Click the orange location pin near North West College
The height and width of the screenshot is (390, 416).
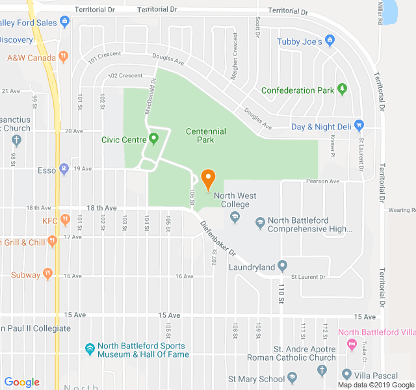[x=208, y=179]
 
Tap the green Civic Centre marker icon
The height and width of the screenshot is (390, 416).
[x=154, y=138]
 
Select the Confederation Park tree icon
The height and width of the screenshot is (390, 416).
[x=342, y=90]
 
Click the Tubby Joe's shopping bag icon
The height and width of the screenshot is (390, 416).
[x=330, y=42]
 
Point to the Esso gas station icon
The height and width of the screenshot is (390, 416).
[x=64, y=170]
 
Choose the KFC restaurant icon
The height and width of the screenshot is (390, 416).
[x=65, y=220]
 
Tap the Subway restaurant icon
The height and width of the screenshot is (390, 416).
[x=47, y=274]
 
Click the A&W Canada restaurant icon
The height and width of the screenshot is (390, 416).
[x=62, y=57]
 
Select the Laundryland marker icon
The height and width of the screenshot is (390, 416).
[x=282, y=266]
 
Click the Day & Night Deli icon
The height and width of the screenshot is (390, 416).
[x=359, y=126]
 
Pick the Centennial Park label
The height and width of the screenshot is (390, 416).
[x=205, y=135]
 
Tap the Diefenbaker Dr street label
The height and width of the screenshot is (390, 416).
[x=217, y=237]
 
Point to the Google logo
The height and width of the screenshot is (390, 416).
[x=22, y=382]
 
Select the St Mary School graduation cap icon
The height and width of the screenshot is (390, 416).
[x=292, y=378]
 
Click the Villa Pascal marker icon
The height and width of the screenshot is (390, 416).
[x=346, y=374]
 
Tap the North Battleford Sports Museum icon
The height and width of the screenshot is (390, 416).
[x=91, y=350]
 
